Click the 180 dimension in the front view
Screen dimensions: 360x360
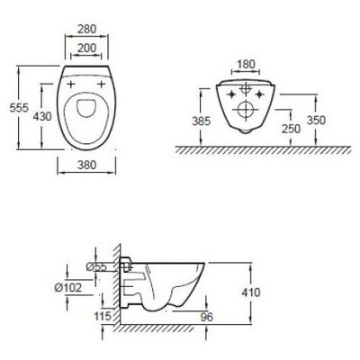pos(245,64)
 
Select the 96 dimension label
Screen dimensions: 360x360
pos(205,317)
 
